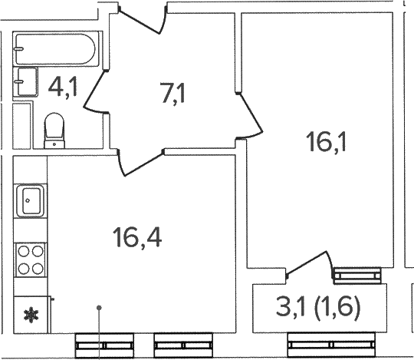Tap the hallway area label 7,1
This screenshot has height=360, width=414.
click(173, 93)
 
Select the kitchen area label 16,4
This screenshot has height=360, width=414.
click(137, 238)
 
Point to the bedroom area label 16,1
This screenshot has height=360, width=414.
click(327, 142)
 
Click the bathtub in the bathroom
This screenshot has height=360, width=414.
click(55, 48)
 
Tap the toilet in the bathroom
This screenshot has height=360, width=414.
click(54, 130)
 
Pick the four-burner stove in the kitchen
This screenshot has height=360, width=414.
click(31, 259)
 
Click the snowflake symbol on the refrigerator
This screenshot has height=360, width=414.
click(31, 315)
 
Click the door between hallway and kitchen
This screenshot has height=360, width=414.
click(140, 163)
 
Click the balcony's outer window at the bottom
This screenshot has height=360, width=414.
click(331, 345)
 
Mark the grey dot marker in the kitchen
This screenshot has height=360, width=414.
click(99, 308)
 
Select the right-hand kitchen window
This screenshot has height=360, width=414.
click(183, 345)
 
